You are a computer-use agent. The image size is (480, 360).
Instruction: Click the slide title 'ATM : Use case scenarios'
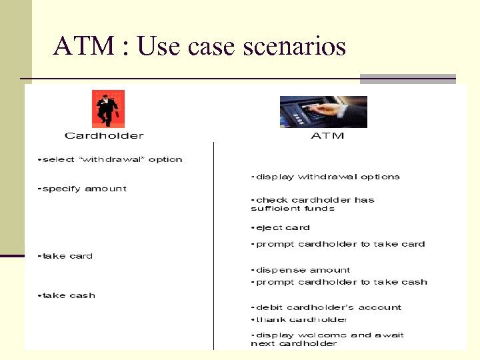click(x=200, y=47)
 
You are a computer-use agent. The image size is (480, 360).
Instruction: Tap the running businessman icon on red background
click(x=108, y=109)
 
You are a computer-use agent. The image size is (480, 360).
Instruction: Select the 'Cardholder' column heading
click(x=104, y=136)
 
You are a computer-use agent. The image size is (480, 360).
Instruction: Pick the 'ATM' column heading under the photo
click(x=328, y=136)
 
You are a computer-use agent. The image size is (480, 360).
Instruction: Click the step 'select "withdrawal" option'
click(x=111, y=159)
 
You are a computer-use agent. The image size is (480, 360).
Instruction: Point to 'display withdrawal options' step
click(x=325, y=177)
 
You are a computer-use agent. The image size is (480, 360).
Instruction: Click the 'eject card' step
click(x=281, y=227)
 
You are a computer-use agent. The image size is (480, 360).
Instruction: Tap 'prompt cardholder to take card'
click(x=338, y=244)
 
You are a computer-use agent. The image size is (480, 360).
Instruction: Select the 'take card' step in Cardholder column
click(x=66, y=256)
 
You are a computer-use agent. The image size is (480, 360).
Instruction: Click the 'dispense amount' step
click(x=301, y=270)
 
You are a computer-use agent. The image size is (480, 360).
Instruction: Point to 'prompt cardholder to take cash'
click(x=339, y=282)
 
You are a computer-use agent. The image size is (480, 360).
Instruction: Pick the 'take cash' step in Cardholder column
click(x=67, y=295)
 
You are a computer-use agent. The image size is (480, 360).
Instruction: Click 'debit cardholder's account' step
click(x=327, y=307)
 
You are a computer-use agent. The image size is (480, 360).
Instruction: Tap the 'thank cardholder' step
click(x=299, y=319)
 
